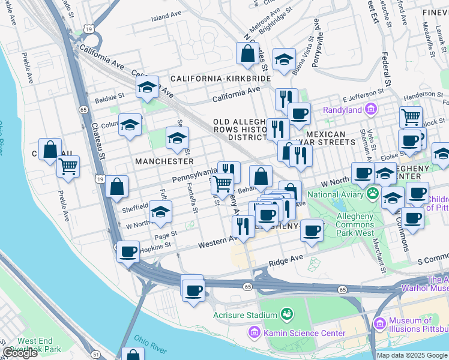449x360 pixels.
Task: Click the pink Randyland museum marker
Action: tap(371, 109)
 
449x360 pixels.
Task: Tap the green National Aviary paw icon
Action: tap(373, 194)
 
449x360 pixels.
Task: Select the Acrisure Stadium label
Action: tap(245, 315)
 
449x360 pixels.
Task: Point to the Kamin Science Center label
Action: tap(306, 333)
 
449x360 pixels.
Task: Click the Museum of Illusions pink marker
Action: tap(379, 323)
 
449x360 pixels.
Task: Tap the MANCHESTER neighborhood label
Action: tap(164, 161)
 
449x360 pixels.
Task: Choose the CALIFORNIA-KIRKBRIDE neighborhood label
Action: tap(220, 79)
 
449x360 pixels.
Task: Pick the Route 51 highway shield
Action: tap(96, 355)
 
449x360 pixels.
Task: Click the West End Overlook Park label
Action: tap(39, 345)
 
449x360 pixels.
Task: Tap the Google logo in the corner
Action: tap(20, 353)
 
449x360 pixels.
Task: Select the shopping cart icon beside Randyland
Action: tap(411, 116)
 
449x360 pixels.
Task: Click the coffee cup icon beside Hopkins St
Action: tap(128, 251)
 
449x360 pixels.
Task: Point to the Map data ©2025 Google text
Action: tap(412, 355)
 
